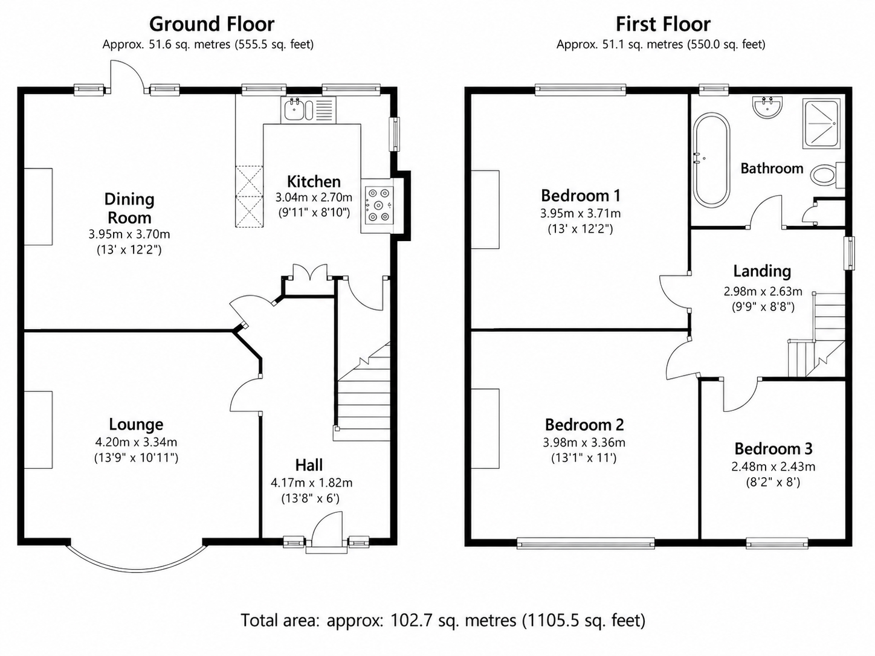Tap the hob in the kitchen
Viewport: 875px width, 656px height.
click(x=378, y=205)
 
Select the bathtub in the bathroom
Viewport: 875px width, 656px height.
click(x=712, y=160)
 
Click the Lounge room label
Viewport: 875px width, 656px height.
click(x=136, y=424)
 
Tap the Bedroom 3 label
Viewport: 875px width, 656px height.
click(x=773, y=449)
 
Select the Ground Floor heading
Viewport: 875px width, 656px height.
click(x=211, y=24)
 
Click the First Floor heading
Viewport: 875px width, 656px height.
click(x=663, y=24)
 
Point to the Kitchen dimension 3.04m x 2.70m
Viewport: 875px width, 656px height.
click(x=314, y=198)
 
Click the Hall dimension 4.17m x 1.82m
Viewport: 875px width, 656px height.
click(x=312, y=483)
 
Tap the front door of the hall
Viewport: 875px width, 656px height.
click(x=327, y=532)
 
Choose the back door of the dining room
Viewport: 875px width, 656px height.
click(x=126, y=76)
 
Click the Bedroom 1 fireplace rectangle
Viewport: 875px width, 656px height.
click(x=485, y=210)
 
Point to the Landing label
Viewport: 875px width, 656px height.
click(x=762, y=271)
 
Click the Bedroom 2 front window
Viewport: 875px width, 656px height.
click(x=586, y=543)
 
